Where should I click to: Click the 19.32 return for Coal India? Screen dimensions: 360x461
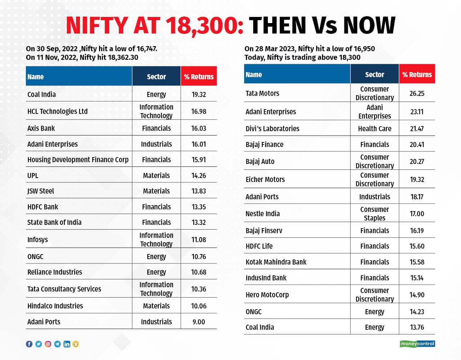(x=198, y=94)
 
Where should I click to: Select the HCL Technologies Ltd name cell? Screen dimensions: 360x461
(x=58, y=111)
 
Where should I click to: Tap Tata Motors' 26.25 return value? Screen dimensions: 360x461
(x=417, y=93)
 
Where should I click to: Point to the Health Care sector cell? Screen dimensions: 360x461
(x=375, y=129)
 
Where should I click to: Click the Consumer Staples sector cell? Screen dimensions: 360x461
(x=375, y=214)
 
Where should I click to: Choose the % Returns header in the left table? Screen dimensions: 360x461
(x=198, y=76)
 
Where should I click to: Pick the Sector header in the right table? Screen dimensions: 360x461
(x=375, y=75)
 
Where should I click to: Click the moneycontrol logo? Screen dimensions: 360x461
(x=417, y=344)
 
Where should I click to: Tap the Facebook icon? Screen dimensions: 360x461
(x=29, y=344)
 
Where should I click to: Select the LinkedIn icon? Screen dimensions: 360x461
(x=67, y=344)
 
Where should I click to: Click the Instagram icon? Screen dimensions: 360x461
(x=48, y=344)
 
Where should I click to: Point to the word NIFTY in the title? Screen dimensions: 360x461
(x=97, y=26)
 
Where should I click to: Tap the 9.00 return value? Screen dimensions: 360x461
(x=198, y=322)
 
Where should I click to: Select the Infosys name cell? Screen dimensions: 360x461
(x=37, y=240)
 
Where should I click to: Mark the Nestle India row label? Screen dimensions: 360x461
(x=263, y=214)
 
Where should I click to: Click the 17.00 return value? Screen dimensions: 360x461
(x=417, y=214)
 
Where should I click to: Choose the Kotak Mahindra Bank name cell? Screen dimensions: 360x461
(x=276, y=262)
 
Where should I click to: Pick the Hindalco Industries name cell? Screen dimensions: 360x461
(x=55, y=306)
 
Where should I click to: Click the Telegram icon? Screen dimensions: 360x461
(x=58, y=344)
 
